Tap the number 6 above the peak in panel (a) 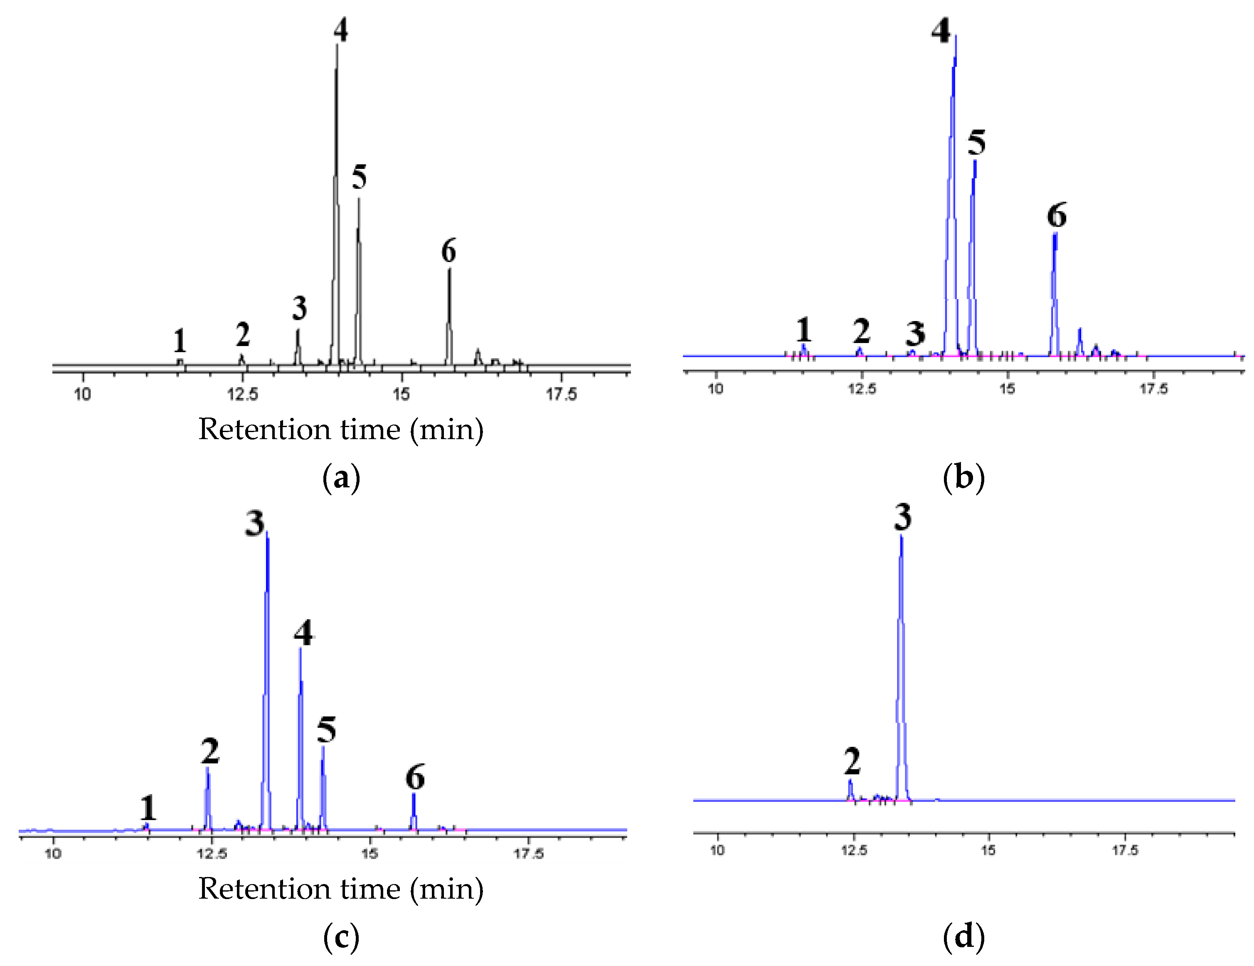448,251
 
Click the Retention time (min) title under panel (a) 341,430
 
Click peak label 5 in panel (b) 977,143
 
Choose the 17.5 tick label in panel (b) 1153,389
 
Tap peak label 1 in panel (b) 803,330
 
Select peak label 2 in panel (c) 210,751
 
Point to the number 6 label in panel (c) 415,778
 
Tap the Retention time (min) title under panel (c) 341,889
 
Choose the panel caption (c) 341,937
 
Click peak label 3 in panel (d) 903,517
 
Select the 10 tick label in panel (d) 718,850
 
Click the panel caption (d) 963,937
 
